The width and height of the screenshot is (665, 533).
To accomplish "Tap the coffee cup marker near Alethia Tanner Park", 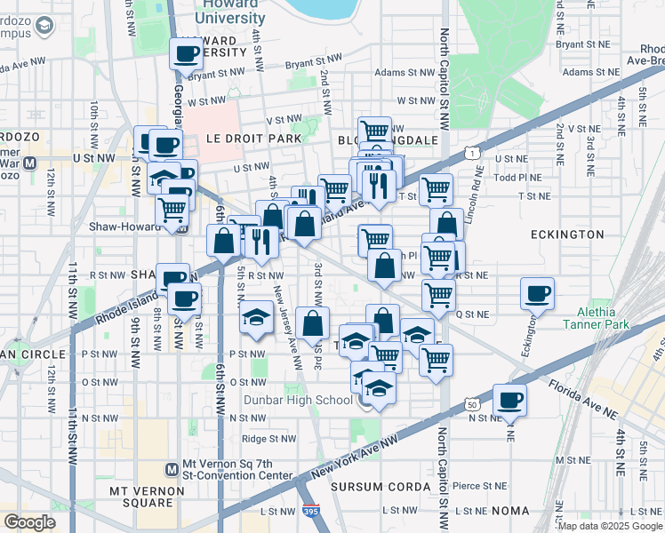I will (537, 294).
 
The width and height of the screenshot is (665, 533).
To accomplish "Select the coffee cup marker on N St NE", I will (509, 399).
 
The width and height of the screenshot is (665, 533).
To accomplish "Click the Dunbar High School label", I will (298, 400).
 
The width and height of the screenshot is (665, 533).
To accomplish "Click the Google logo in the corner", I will (29, 521).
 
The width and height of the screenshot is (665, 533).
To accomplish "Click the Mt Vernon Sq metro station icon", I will (172, 469).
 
